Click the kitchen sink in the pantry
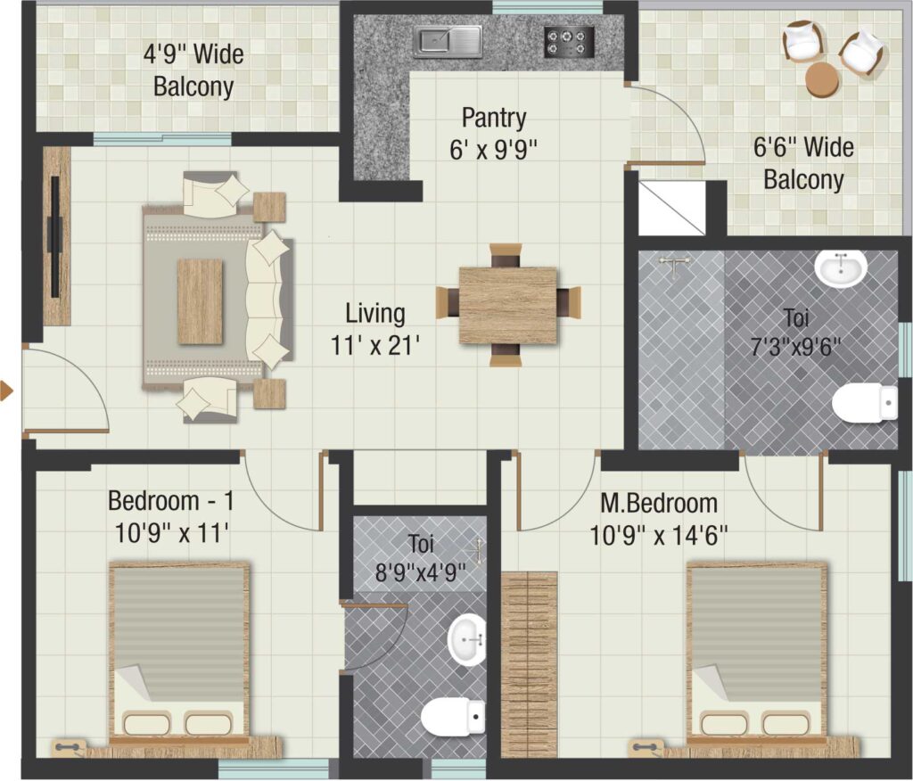coord(448,41)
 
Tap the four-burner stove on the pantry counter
coord(569,42)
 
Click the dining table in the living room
coord(507,305)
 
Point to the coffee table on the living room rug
coord(200,301)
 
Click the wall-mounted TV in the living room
coord(55,236)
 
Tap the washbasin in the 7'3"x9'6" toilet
coord(840,269)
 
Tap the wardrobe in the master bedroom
coord(530,664)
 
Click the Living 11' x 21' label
coord(375,329)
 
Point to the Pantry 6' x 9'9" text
coord(493,134)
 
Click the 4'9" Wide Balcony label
coord(193,70)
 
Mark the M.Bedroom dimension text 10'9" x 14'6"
coord(659,535)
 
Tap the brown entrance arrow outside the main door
coord(6,390)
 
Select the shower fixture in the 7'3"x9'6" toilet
coord(674,266)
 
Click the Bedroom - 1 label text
coord(170,500)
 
